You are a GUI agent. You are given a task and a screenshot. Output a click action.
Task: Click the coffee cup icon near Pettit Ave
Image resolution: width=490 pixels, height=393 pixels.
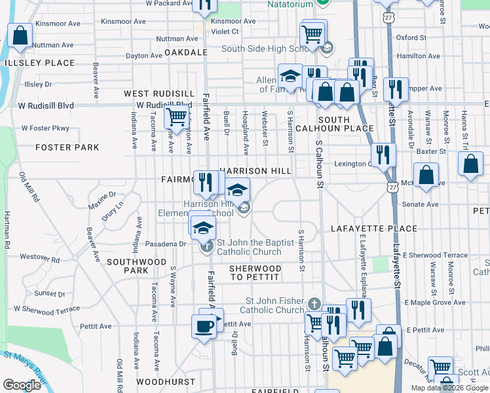pos(203,325)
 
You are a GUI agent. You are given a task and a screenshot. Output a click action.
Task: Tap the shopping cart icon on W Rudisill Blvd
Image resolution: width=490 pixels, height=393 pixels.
pos(176,117)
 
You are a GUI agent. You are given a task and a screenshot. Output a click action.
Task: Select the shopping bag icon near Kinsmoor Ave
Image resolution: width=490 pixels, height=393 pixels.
pos(20,35)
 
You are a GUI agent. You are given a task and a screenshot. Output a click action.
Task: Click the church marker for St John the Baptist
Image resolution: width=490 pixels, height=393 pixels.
pos(207,247)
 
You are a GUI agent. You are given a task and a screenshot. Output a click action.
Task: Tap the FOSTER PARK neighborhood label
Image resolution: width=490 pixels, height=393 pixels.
pos(68,147)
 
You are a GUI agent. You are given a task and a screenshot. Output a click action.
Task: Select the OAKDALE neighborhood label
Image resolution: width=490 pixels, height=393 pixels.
pos(186,52)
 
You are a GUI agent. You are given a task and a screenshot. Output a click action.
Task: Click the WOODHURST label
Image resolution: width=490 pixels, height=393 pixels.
pos(166,381)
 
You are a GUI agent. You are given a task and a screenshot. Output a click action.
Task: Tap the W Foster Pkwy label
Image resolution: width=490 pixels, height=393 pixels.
pos(45,128)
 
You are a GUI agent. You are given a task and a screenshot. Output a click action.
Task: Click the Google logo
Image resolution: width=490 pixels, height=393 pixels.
pos(22,385)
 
